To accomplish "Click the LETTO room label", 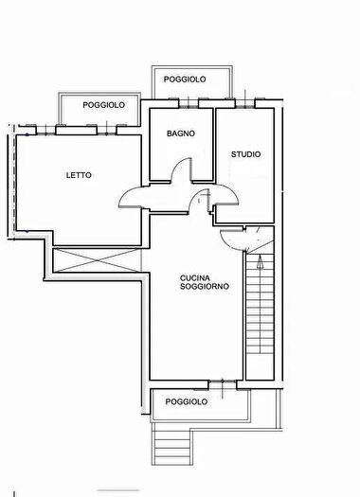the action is point(79,175).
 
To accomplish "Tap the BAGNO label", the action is point(181,133).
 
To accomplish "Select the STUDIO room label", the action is point(245,154).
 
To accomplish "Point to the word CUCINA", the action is point(195,278).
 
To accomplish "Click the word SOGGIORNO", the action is point(205,286).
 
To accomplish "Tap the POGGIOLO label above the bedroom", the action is point(103,105).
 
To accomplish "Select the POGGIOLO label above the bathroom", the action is point(185,80).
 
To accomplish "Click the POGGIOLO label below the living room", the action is point(187,402).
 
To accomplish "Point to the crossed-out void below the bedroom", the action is point(96,260).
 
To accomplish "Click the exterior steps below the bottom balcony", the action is point(172,448).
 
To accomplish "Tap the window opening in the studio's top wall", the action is point(244,103).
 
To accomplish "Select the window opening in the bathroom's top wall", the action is point(189,103).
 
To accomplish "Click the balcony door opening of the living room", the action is point(223,384).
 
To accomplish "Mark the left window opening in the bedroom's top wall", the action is point(46,131).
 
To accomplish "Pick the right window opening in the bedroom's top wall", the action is point(106,131).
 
